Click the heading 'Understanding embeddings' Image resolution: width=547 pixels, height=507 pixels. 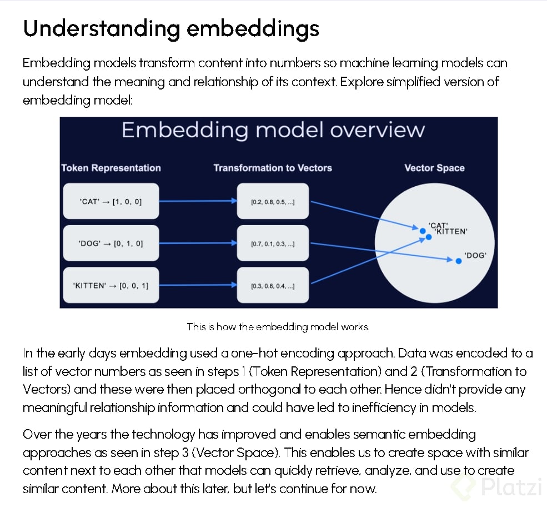tap(171, 28)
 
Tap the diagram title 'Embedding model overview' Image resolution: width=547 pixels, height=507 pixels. tap(273, 130)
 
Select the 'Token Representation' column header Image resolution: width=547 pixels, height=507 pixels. tap(111, 168)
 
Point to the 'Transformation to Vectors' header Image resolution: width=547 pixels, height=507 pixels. tap(273, 168)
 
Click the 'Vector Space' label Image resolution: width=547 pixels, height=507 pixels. tap(434, 168)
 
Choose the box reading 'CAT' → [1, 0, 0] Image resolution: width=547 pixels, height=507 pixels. tap(111, 201)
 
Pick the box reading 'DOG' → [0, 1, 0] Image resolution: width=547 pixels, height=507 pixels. tap(111, 243)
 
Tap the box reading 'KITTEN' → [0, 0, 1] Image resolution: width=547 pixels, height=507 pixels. tap(111, 285)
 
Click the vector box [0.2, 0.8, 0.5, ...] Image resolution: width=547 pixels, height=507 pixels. tap(273, 201)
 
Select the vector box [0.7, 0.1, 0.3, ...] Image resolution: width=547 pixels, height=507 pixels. tap(273, 243)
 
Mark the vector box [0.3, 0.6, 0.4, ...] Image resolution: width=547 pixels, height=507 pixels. tap(273, 285)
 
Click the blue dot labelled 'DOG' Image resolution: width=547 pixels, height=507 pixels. tap(459, 261)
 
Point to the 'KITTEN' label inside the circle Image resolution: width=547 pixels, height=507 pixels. tap(451, 232)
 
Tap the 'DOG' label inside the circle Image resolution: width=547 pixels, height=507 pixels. tap(475, 255)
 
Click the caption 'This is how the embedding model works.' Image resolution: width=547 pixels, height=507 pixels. tap(278, 327)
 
